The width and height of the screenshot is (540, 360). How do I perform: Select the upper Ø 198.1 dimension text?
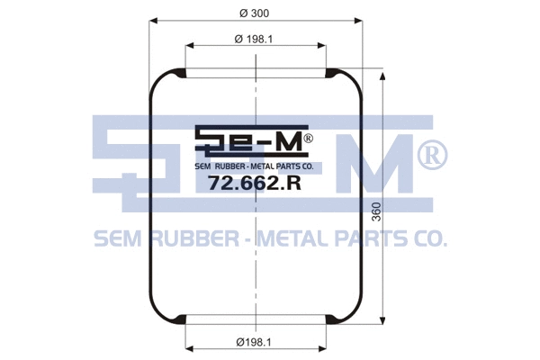253,38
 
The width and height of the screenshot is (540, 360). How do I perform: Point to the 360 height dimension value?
375,214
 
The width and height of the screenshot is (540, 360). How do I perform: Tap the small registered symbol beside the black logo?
308,139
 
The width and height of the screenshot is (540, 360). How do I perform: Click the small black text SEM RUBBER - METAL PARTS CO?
254,166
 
